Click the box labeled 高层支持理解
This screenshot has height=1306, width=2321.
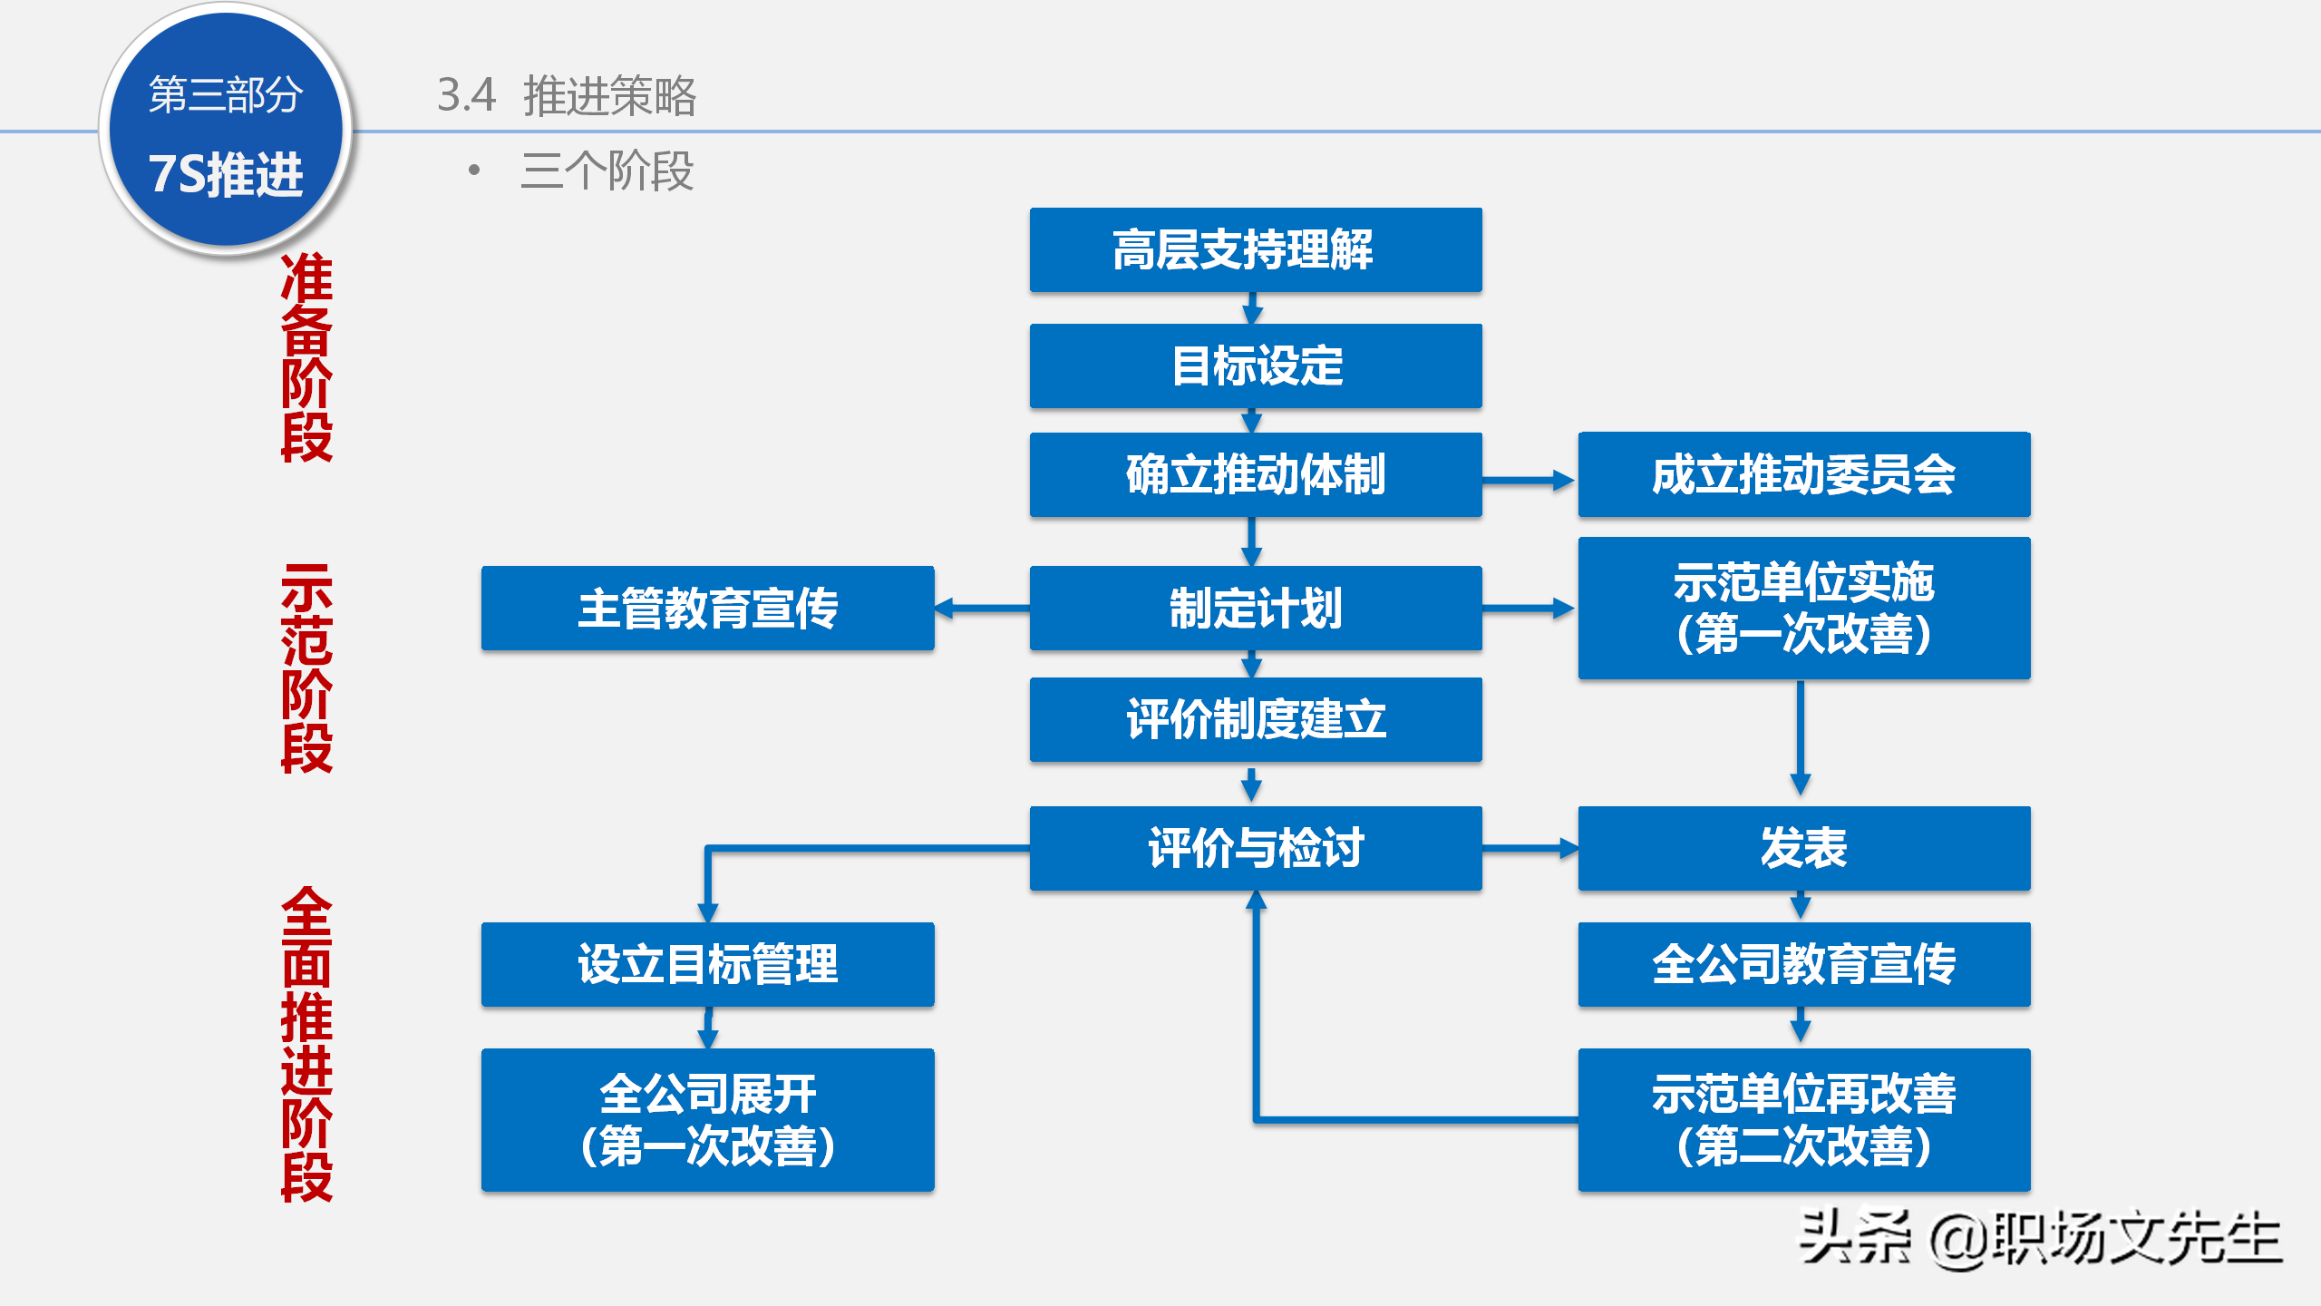pyautogui.click(x=1256, y=250)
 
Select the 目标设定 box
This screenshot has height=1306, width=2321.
pyautogui.click(x=1256, y=365)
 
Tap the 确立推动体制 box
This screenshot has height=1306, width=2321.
pyautogui.click(x=1256, y=474)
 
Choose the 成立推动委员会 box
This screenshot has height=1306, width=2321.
pyautogui.click(x=1803, y=474)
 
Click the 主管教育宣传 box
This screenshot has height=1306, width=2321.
pyautogui.click(x=707, y=608)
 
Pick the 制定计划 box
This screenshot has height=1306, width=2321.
pyautogui.click(x=1256, y=608)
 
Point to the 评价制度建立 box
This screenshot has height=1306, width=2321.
pyautogui.click(x=1256, y=719)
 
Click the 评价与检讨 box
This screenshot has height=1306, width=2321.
pyautogui.click(x=1256, y=848)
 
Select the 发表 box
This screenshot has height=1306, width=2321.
pyautogui.click(x=1803, y=848)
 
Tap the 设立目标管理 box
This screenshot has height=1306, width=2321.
pyautogui.click(x=707, y=964)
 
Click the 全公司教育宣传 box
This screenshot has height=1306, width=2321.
pyautogui.click(x=1803, y=964)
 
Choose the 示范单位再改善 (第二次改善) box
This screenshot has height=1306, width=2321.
pyautogui.click(x=1803, y=1119)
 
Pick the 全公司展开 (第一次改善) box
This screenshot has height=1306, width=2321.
pyautogui.click(x=707, y=1119)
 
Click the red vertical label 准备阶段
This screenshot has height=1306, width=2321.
pyautogui.click(x=306, y=357)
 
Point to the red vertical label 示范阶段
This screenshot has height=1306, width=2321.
pyautogui.click(x=306, y=668)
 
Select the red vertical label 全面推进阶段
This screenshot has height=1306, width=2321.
pyautogui.click(x=306, y=1044)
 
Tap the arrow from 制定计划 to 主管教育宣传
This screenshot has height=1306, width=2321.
pyautogui.click(x=982, y=608)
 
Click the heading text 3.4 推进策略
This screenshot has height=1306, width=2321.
pyautogui.click(x=567, y=95)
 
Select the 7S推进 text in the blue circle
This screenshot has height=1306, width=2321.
pyautogui.click(x=226, y=174)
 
